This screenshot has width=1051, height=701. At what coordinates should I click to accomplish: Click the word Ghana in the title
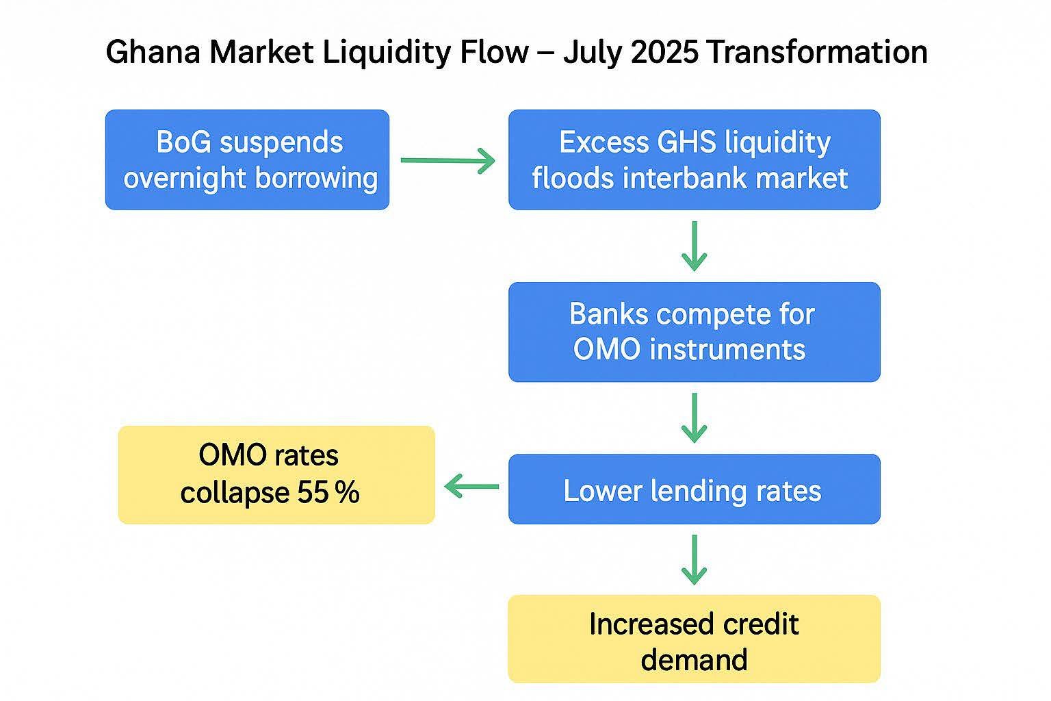(153, 51)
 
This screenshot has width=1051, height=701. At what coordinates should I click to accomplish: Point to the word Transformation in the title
(817, 51)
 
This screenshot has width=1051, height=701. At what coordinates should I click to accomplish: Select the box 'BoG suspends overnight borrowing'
(247, 160)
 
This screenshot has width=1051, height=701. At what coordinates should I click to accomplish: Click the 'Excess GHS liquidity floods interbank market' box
(695, 160)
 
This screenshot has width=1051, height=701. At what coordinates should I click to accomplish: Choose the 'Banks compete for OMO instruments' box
(695, 332)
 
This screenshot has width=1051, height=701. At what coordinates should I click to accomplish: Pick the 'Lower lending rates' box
(695, 489)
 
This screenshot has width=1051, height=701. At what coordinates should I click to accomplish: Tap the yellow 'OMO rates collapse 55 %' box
(276, 474)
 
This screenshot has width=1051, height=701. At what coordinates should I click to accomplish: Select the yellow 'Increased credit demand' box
(695, 639)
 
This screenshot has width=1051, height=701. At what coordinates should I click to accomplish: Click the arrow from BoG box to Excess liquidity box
(447, 161)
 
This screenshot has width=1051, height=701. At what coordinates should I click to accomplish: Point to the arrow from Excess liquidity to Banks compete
(695, 246)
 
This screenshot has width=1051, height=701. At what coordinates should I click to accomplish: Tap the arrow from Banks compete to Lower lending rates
(695, 418)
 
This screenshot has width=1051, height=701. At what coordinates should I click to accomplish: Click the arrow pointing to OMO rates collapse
(471, 486)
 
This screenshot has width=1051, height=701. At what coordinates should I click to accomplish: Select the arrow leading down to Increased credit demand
(695, 560)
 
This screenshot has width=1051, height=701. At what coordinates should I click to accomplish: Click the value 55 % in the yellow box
(328, 492)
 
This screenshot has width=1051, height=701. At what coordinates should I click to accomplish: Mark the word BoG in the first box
(183, 142)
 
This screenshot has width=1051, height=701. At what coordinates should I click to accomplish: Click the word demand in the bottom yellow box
(694, 660)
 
